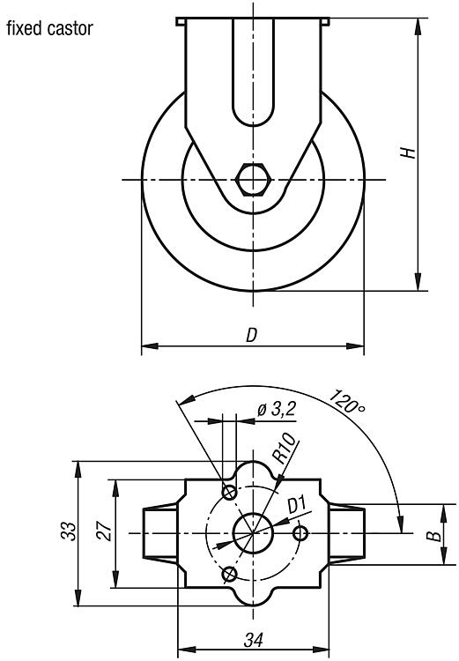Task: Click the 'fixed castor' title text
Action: pos(49,29)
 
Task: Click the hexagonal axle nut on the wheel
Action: pos(254,180)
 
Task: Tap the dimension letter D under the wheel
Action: pos(251,335)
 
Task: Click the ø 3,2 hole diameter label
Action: pos(277,409)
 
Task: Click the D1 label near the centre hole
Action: pos(297,505)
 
